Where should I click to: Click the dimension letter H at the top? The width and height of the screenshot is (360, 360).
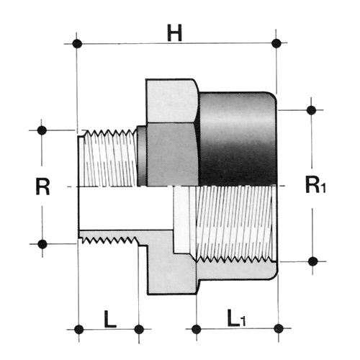click(175, 33)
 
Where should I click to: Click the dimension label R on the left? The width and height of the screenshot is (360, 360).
click(42, 186)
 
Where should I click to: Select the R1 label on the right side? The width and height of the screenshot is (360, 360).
click(315, 184)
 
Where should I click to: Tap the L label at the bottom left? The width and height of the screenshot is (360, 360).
click(110, 319)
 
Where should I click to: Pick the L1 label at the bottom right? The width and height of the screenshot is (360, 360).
click(236, 318)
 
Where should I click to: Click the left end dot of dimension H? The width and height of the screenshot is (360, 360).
click(77, 44)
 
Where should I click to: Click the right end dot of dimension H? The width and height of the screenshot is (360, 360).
click(276, 43)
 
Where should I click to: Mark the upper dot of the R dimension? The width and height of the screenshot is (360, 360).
click(42, 130)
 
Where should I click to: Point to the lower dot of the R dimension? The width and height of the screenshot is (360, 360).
click(42, 244)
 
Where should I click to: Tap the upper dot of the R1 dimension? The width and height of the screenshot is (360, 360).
click(311, 110)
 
